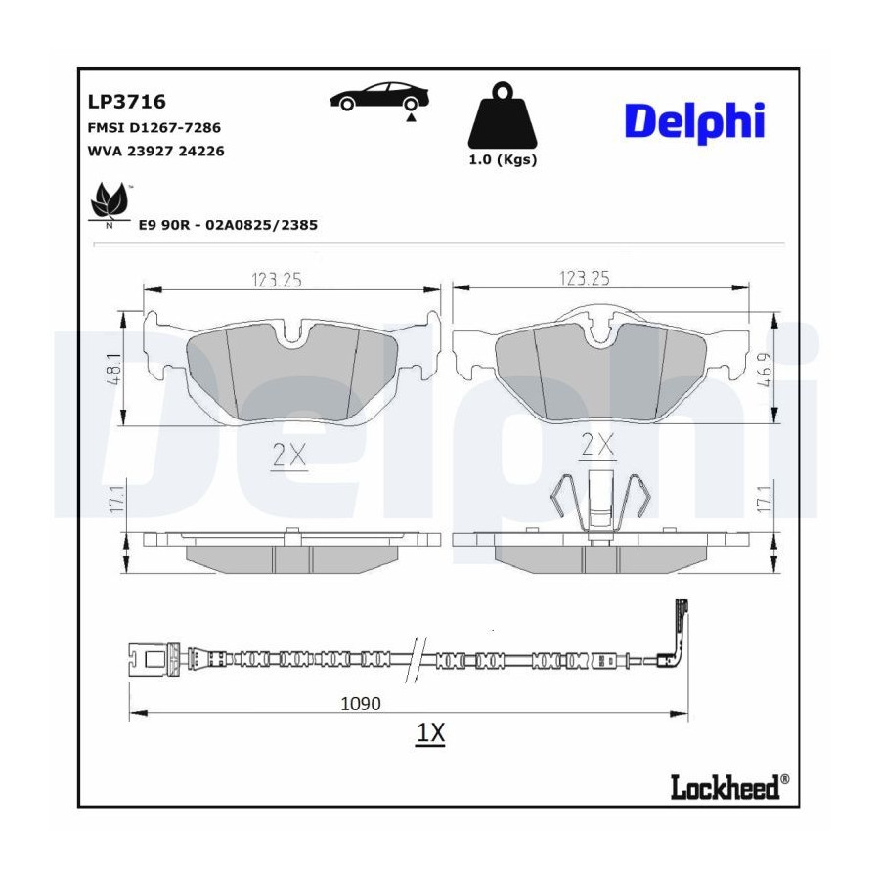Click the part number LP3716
click(x=127, y=102)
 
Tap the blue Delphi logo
click(x=695, y=121)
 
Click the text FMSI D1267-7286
click(x=154, y=128)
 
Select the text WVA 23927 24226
click(x=156, y=151)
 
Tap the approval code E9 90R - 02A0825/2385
click(x=228, y=225)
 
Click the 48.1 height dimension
click(x=116, y=369)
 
